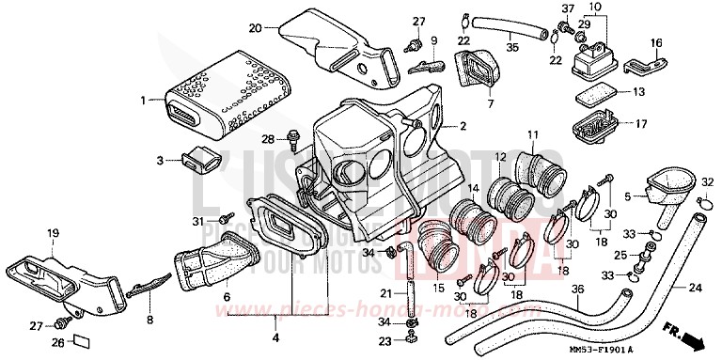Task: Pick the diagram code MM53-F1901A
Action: [634, 351]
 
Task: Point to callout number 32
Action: [706, 181]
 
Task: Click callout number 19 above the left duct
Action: [53, 232]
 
